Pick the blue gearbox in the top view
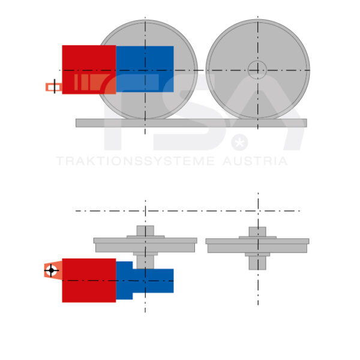(x=153, y=281)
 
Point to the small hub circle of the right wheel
(x=257, y=69)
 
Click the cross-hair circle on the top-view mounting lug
(x=51, y=271)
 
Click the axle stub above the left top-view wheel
(x=145, y=230)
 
